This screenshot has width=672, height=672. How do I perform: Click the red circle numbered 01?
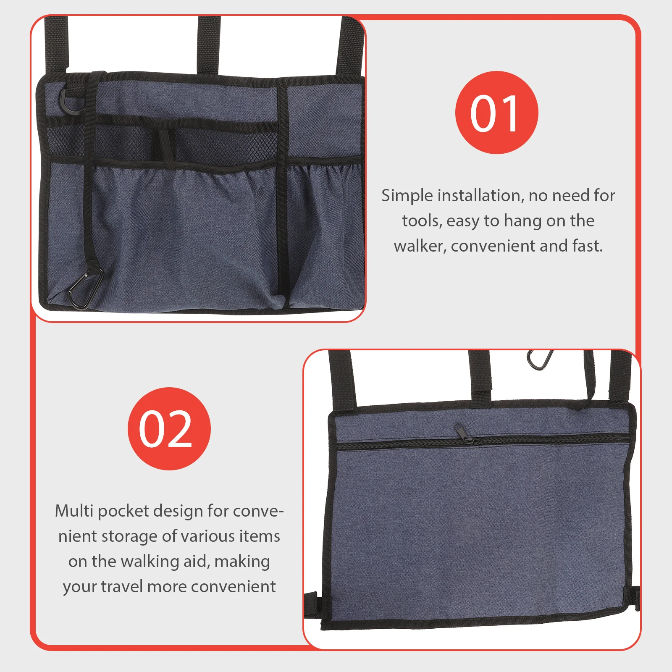coord(496,113)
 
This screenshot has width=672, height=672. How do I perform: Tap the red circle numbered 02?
coord(169,428)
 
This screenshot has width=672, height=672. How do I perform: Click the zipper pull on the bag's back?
coord(461,433)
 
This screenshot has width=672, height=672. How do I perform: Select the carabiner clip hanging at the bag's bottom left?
coord(85,288)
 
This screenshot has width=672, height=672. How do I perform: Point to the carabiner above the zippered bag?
coord(539,360)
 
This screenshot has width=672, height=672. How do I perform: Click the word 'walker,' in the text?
coord(420,246)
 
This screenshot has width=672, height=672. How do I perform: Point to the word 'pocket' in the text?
coord(123,512)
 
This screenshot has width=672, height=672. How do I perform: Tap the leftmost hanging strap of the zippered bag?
coord(342,378)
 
